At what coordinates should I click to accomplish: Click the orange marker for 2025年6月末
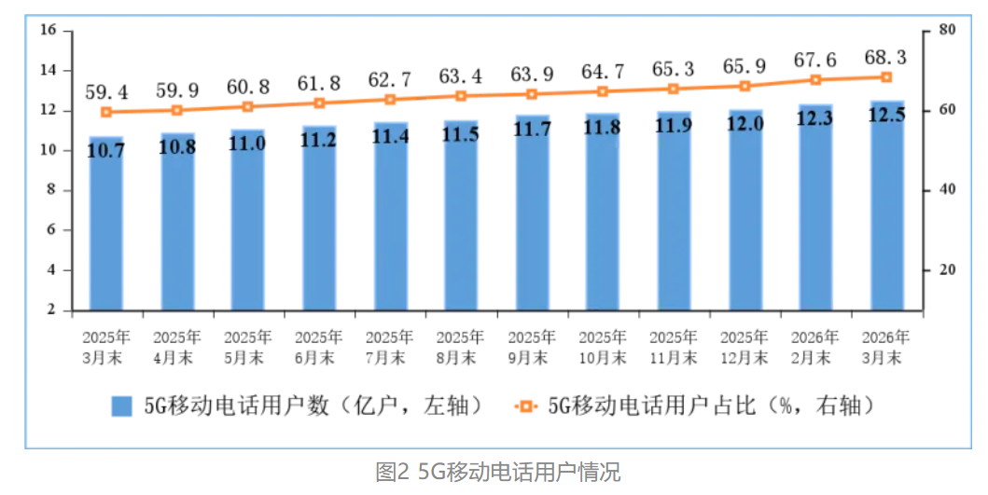pyautogui.click(x=319, y=103)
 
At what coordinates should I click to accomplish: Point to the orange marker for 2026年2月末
pyautogui.click(x=816, y=80)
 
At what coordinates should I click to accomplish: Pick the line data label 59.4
pyautogui.click(x=106, y=91)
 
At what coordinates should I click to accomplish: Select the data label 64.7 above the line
pyautogui.click(x=603, y=71)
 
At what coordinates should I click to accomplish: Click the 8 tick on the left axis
pyautogui.click(x=53, y=190)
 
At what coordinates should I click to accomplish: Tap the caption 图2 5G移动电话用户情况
pyautogui.click(x=497, y=472)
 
